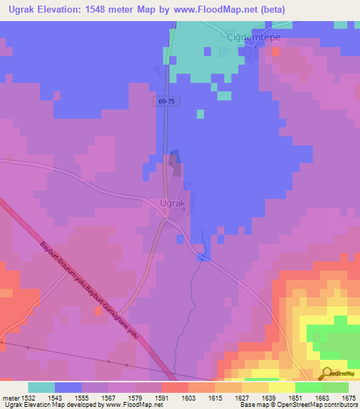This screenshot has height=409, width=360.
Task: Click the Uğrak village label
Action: click(173, 203)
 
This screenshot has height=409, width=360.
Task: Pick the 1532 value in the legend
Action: click(28, 398)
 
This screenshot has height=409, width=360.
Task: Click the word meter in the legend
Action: click(11, 398)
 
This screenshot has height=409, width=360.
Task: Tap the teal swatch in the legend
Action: click(41, 387)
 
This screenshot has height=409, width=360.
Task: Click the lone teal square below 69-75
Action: click(200, 114)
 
